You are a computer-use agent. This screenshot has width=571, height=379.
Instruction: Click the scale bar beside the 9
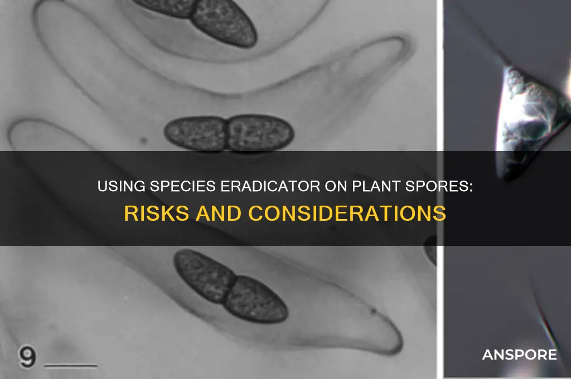pyautogui.click(x=71, y=365)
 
